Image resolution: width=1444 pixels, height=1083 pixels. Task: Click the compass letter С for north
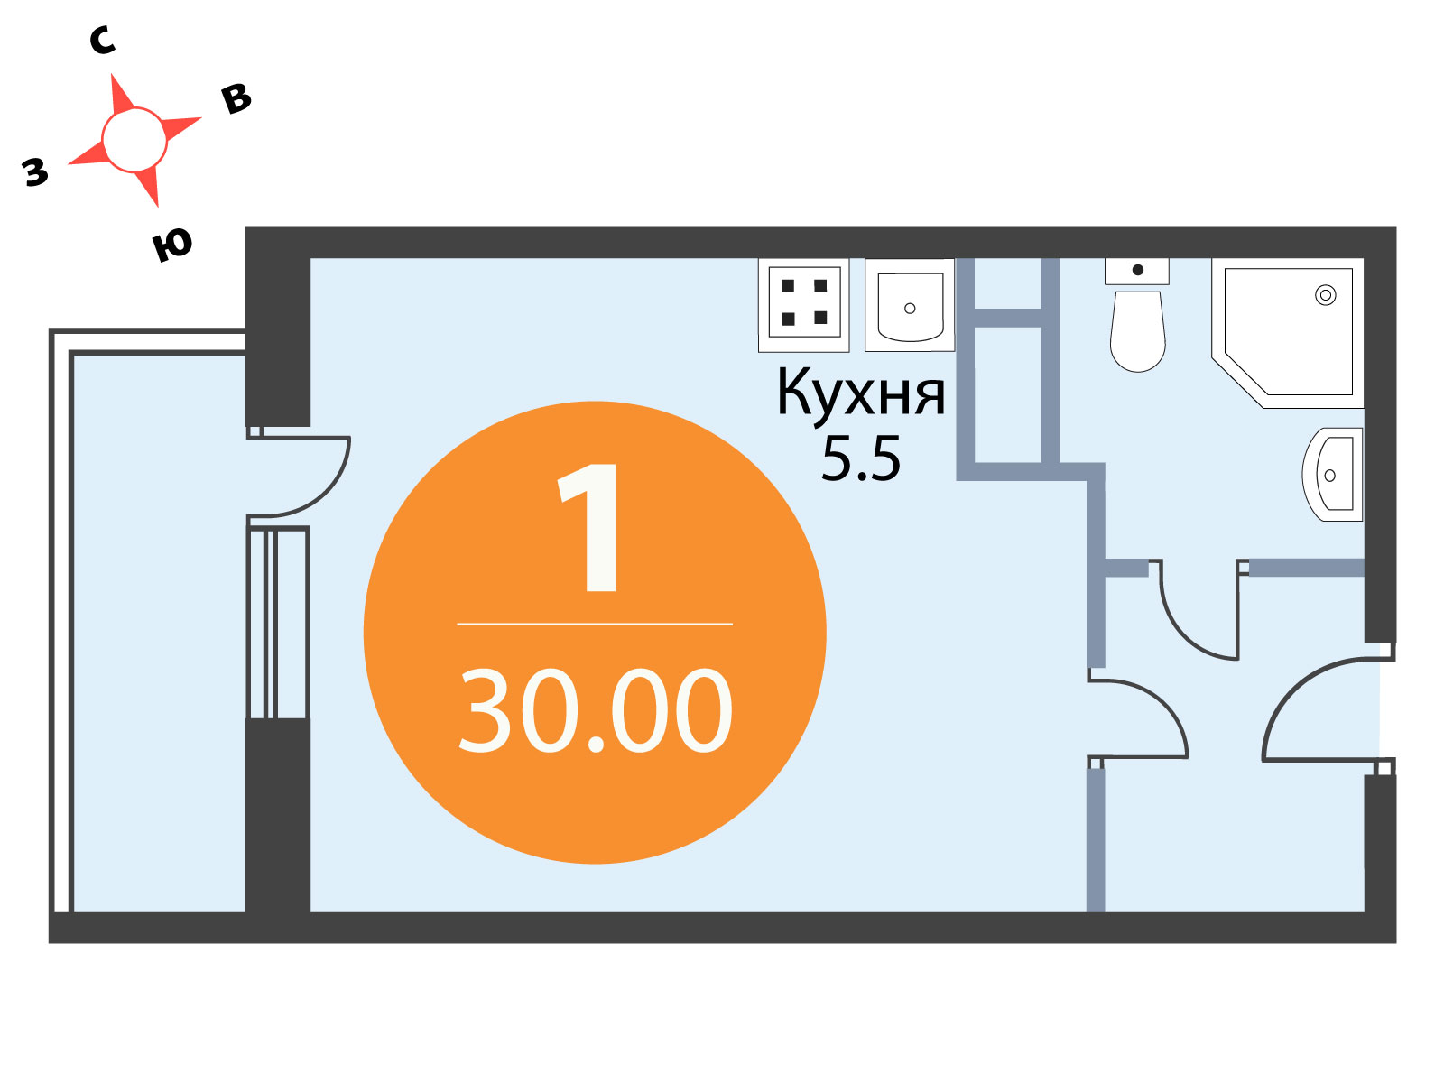click(x=102, y=40)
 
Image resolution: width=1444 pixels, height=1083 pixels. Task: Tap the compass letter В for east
click(x=236, y=98)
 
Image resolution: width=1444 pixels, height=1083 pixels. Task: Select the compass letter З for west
click(x=35, y=172)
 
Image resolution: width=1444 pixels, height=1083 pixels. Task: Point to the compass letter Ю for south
click(x=171, y=245)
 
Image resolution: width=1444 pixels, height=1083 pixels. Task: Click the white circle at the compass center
click(x=134, y=140)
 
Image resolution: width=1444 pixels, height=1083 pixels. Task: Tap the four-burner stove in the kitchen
click(x=803, y=305)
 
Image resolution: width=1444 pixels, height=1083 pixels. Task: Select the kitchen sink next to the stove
click(x=910, y=304)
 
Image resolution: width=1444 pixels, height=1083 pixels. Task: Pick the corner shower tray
click(x=1288, y=333)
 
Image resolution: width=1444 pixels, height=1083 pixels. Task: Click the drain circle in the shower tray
click(x=1326, y=295)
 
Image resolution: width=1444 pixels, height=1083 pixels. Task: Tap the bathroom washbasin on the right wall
click(x=1332, y=475)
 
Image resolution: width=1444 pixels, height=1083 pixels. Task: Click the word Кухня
click(x=860, y=392)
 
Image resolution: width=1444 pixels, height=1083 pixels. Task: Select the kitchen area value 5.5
click(x=860, y=459)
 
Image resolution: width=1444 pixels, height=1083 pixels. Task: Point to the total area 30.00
click(x=596, y=710)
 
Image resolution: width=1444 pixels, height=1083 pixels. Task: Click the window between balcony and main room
click(x=278, y=624)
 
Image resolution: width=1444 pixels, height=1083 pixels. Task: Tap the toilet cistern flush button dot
click(x=1137, y=270)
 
